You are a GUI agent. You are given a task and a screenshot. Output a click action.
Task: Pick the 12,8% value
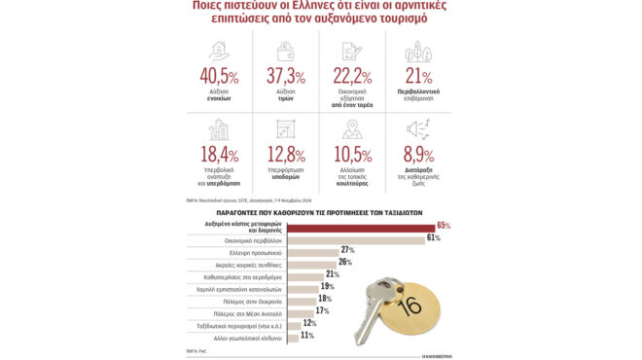284,154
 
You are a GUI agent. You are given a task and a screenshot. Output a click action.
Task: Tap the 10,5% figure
352,154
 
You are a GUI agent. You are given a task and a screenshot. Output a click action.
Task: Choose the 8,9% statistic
419,154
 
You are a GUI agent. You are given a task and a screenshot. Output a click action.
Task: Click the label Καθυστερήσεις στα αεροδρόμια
240,274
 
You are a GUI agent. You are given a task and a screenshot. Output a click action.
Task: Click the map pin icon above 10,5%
352,128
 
